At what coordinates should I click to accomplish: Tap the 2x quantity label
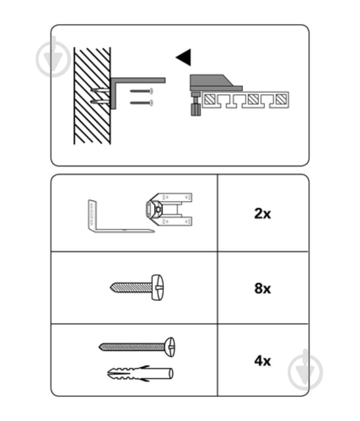263,214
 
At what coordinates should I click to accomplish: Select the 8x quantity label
263,288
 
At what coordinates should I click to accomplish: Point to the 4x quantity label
263,360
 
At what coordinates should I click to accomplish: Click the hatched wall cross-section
92,96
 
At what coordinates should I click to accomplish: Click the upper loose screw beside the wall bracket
141,91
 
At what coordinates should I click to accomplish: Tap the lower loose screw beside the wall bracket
141,103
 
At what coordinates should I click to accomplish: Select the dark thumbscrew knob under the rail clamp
196,110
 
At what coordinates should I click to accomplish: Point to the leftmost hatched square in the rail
209,99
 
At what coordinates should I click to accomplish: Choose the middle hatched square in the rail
253,99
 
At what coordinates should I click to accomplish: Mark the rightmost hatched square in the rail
281,99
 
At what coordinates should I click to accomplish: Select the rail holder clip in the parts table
169,209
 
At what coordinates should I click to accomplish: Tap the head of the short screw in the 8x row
157,287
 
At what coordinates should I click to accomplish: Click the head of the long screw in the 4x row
170,347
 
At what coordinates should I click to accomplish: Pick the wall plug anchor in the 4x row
140,374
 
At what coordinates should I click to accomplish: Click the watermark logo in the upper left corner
53,59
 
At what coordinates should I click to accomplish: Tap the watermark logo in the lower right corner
305,370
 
